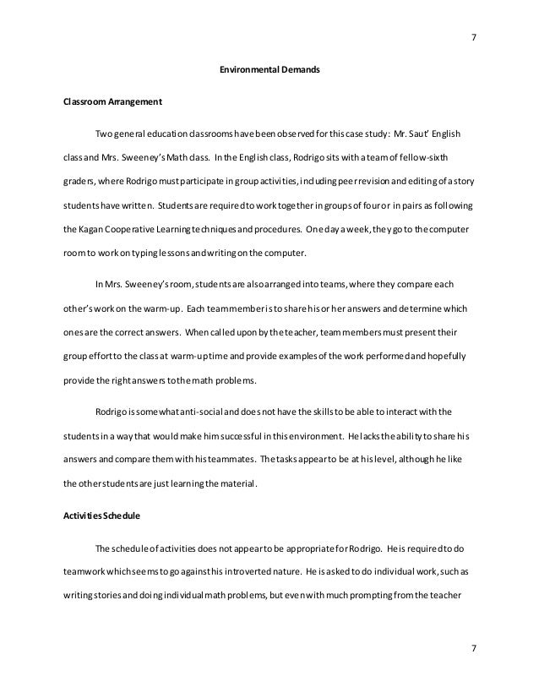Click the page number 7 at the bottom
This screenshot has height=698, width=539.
(473, 647)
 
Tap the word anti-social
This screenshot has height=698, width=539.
(193, 412)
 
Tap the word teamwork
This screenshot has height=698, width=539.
(84, 570)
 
